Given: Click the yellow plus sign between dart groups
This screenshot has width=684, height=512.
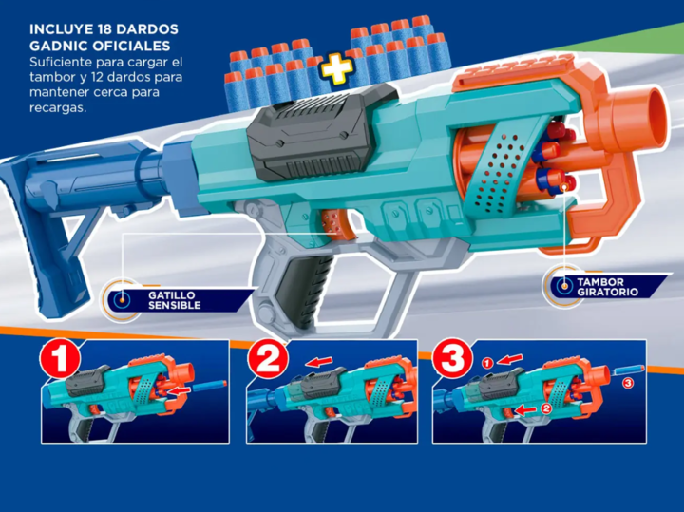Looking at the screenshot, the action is click(336, 69).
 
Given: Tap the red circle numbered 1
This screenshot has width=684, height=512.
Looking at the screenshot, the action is click(60, 360).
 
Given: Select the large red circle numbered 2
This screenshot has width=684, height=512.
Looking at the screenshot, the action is click(268, 359).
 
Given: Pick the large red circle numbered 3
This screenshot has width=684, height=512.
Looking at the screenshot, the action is click(452, 359).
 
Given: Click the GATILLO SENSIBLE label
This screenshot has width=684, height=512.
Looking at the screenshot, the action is click(174, 300).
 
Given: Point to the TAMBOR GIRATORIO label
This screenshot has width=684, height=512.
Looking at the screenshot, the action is click(607, 287).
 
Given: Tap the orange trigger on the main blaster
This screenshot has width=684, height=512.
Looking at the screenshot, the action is click(336, 224).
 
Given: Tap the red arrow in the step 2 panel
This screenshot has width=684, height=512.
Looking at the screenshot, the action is click(318, 362).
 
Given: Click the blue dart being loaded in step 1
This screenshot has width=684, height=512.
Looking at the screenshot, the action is click(209, 386).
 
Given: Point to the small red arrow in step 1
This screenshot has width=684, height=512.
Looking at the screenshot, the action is click(180, 390).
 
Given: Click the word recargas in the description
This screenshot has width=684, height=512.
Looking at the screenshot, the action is click(58, 108).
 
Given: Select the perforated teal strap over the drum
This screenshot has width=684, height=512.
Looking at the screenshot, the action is click(497, 170).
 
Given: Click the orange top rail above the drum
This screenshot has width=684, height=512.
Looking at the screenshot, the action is click(515, 72).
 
